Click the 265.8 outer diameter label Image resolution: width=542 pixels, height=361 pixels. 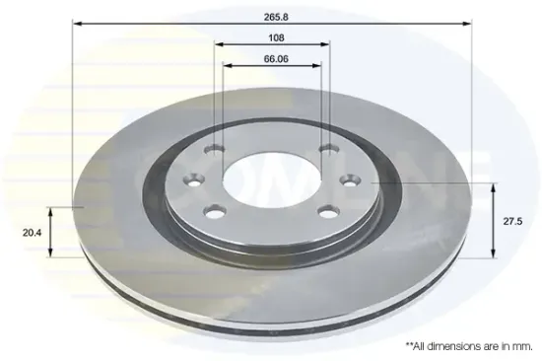[276, 17]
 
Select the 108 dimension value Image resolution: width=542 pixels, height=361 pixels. [276, 37]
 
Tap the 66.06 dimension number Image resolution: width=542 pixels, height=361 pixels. [276, 59]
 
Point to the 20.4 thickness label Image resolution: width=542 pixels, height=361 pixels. [32, 233]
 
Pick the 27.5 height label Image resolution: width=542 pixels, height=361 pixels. [512, 222]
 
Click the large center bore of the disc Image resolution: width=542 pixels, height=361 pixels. [272, 180]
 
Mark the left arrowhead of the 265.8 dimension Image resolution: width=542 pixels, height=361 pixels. [77, 24]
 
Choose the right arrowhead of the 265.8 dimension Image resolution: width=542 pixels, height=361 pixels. [467, 24]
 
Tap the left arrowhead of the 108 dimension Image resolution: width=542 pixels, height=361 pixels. [219, 44]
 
